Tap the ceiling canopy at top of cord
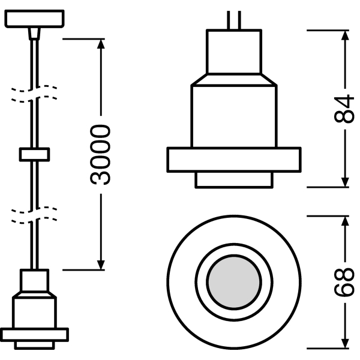(34, 19)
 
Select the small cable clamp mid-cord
(34, 155)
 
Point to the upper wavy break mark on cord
(34, 94)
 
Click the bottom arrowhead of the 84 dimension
(345, 181)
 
